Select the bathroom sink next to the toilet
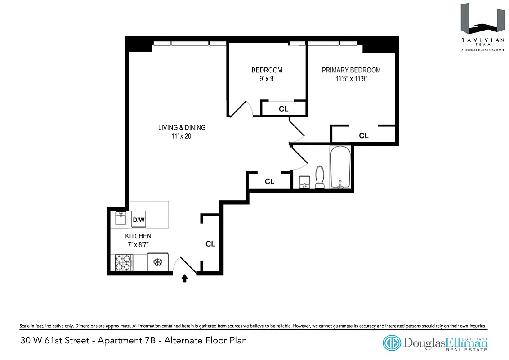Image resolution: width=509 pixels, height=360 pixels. (x=306, y=181)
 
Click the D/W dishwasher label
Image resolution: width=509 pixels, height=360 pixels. (x=138, y=220)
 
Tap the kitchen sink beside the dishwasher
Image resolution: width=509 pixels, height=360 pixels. (x=121, y=219)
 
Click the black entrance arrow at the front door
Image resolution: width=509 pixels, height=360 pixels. (x=184, y=279)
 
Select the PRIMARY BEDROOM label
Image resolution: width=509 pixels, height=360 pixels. (x=351, y=70)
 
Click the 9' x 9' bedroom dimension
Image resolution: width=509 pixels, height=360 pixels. (x=267, y=78)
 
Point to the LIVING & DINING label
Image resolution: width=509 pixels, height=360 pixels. (x=182, y=127)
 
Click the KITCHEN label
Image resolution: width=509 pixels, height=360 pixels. (x=138, y=236)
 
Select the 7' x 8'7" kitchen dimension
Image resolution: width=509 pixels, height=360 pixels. (x=138, y=244)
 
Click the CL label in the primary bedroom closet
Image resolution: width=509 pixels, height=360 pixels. (x=363, y=135)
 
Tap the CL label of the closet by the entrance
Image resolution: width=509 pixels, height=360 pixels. (x=210, y=244)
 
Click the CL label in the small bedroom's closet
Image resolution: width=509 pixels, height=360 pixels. (x=283, y=109)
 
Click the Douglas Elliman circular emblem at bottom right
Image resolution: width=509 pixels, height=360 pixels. (x=392, y=343)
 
